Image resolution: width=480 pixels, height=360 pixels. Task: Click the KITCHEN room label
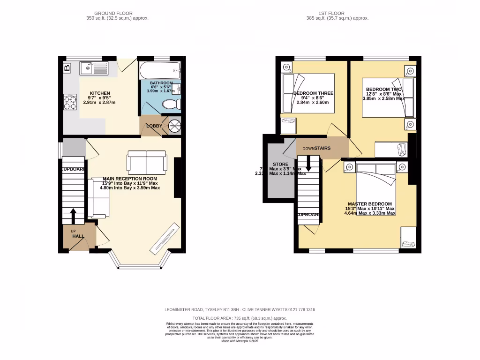point(100,93)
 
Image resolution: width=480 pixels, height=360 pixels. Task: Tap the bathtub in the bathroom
point(159,71)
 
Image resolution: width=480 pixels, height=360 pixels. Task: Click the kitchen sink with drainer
point(94,69)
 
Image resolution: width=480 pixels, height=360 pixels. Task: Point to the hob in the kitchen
point(70,102)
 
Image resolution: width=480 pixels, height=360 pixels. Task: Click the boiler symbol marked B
point(67,68)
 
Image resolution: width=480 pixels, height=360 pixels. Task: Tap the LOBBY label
point(154,126)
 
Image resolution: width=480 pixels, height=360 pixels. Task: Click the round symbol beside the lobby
point(174,126)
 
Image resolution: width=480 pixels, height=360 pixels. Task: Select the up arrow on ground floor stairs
point(74,216)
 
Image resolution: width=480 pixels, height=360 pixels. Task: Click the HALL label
point(78,236)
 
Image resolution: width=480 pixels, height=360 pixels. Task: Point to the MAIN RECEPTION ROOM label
point(130,179)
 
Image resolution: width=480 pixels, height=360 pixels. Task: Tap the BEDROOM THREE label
point(313,93)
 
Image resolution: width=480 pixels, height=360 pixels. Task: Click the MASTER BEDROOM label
point(370,204)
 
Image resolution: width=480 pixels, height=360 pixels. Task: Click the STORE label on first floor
point(280,165)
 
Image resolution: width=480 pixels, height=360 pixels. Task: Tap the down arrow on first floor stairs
point(308,164)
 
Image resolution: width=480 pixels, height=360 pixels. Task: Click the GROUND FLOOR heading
point(113,13)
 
